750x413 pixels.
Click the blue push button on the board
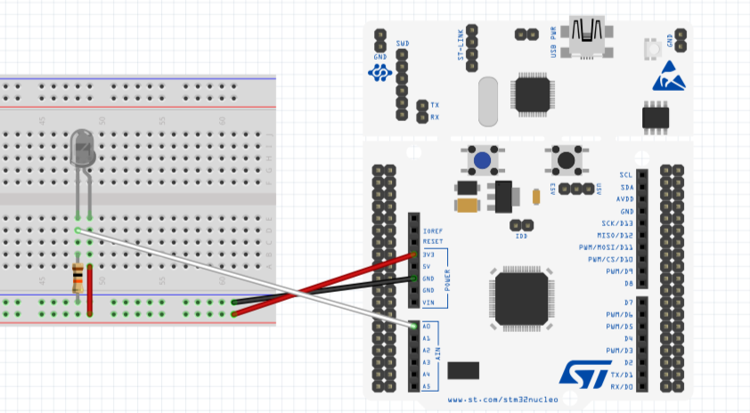(x=482, y=161)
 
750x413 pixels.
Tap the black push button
(x=566, y=161)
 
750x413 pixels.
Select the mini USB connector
(x=589, y=35)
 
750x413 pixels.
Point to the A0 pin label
(x=427, y=327)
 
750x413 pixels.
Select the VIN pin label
(x=429, y=303)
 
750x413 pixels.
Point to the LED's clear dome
(x=82, y=146)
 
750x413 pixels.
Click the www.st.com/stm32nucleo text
(x=502, y=401)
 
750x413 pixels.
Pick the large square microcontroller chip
(x=521, y=298)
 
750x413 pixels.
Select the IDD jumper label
(x=521, y=237)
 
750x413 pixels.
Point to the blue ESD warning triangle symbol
(x=669, y=77)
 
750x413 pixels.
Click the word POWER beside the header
(x=448, y=278)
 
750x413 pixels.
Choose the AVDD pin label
(x=623, y=198)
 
